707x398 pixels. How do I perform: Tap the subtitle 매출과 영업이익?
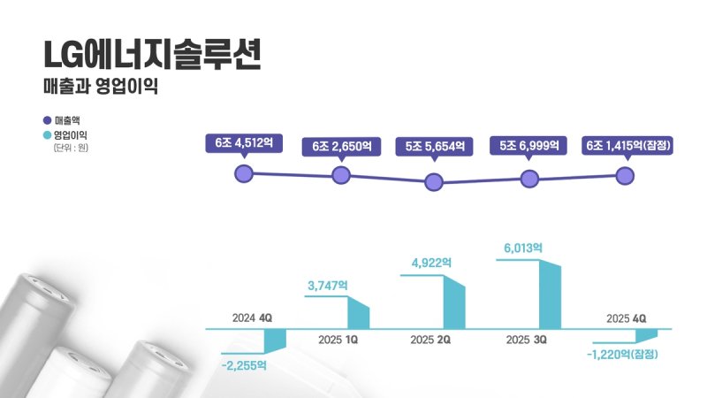pyautogui.click(x=99, y=89)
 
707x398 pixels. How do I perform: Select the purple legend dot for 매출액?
pyautogui.click(x=47, y=119)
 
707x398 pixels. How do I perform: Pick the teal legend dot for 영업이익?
pyautogui.click(x=47, y=135)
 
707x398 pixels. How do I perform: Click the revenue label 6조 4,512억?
pyautogui.click(x=245, y=143)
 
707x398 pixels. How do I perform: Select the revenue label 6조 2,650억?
pyautogui.click(x=341, y=146)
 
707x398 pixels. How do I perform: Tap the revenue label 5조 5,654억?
pyautogui.click(x=434, y=146)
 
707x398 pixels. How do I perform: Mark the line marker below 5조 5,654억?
pyautogui.click(x=434, y=182)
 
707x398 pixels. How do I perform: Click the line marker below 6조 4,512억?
pyautogui.click(x=245, y=173)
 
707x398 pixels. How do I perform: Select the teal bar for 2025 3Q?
pyautogui.click(x=551, y=295)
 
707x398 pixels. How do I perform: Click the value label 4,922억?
pyautogui.click(x=431, y=263)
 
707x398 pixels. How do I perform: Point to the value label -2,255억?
pyautogui.click(x=244, y=364)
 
